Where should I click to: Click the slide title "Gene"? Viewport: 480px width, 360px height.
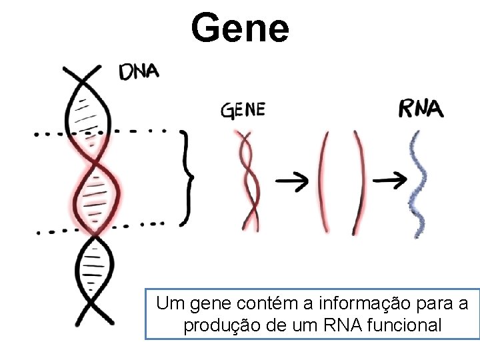click(239, 28)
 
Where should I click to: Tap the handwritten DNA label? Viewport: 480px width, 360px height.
click(139, 72)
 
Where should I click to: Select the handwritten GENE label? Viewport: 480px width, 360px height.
click(243, 110)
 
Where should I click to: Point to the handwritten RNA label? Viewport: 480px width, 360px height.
click(421, 109)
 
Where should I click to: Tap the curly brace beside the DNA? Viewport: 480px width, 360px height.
click(188, 177)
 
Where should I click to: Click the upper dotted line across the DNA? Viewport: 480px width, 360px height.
click(100, 132)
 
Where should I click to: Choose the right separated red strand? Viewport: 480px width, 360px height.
click(361, 181)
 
